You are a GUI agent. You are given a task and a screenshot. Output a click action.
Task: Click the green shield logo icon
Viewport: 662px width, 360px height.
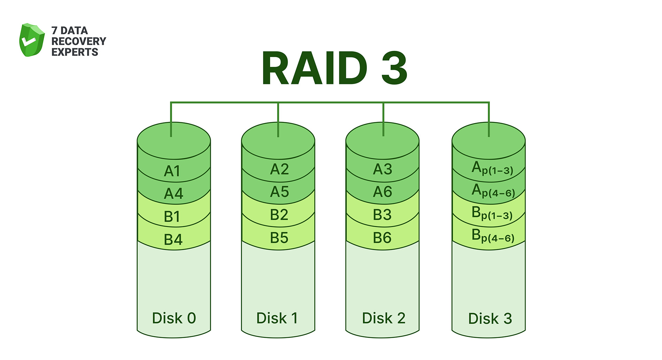click(x=32, y=40)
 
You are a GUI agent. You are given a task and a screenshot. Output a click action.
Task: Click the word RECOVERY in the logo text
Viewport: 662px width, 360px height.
click(x=78, y=41)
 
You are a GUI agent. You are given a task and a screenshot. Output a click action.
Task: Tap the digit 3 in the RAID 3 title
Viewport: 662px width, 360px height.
click(x=394, y=68)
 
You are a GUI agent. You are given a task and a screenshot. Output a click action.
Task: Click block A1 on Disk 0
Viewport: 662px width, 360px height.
click(x=172, y=171)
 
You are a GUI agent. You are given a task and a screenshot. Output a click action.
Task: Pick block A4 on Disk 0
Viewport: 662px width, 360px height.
click(x=174, y=193)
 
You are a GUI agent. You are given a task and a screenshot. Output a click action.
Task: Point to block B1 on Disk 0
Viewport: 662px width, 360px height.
click(x=172, y=217)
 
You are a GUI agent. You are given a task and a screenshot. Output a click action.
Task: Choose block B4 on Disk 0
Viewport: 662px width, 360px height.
click(x=173, y=240)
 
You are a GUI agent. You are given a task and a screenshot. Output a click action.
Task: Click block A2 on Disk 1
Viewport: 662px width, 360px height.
click(x=279, y=169)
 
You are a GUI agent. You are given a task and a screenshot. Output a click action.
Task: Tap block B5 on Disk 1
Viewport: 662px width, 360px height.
click(x=279, y=238)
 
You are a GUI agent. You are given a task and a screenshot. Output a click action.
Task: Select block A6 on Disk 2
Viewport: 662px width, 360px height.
click(x=383, y=192)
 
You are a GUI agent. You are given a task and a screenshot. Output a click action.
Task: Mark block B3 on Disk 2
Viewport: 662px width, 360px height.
click(x=382, y=215)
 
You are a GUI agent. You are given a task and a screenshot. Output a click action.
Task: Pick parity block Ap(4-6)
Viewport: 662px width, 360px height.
click(x=493, y=191)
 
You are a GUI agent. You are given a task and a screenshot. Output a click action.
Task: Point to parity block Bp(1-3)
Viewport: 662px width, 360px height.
click(x=492, y=213)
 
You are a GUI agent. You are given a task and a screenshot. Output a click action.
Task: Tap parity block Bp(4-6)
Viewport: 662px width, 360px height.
click(x=493, y=236)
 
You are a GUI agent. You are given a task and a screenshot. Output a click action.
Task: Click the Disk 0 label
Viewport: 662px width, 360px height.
click(x=174, y=318)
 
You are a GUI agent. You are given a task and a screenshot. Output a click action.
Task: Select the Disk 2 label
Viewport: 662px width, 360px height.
click(x=383, y=318)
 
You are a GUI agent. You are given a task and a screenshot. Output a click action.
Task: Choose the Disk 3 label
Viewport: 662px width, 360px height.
click(x=490, y=319)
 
